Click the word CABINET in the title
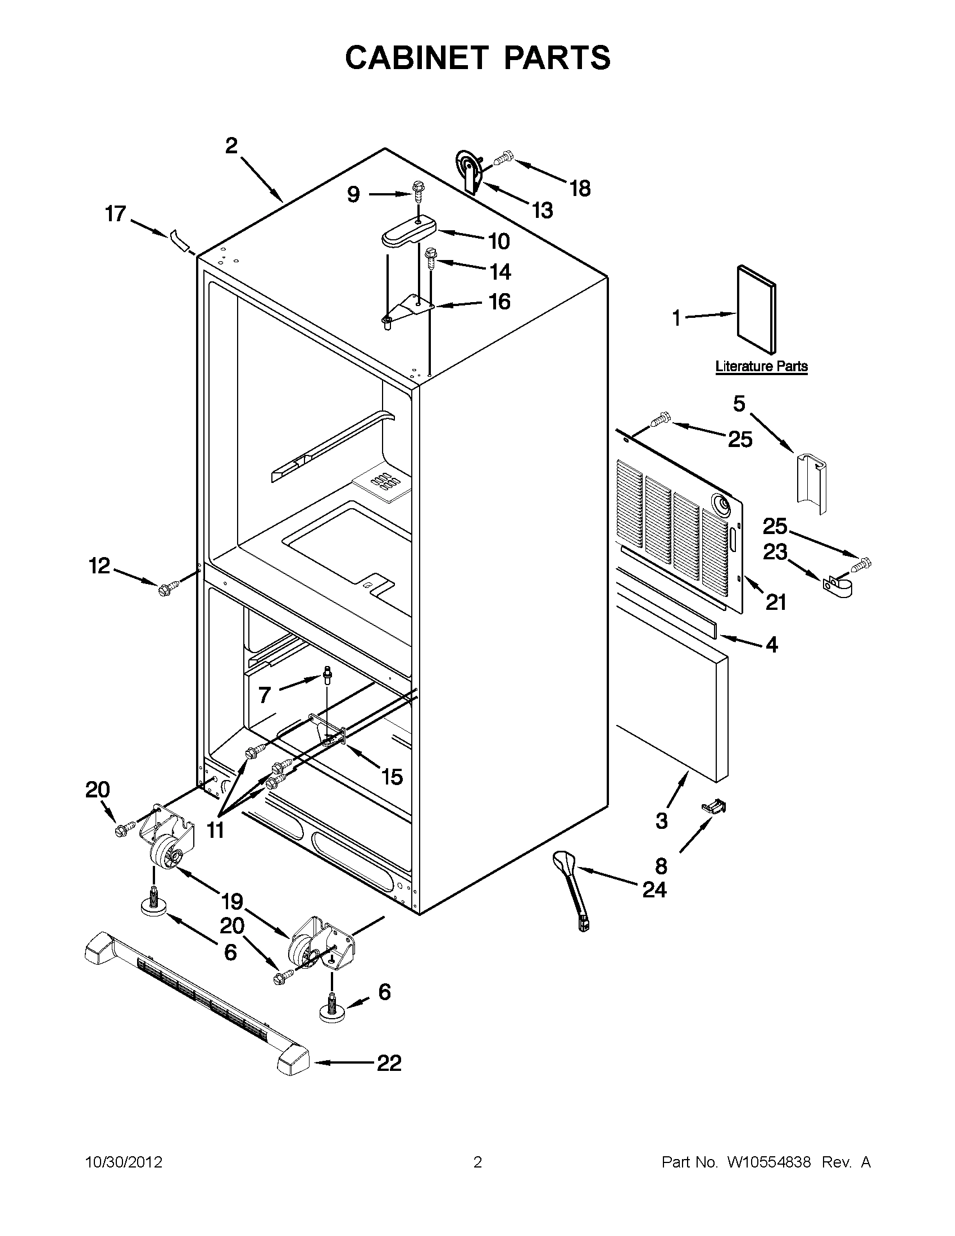(416, 57)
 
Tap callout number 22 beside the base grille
(389, 1062)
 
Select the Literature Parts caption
(761, 366)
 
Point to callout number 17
(116, 214)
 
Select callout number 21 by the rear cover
(776, 603)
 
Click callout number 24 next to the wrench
(654, 890)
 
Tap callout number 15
(392, 777)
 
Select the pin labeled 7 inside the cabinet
(327, 674)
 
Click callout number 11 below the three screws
(215, 830)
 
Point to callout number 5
(739, 404)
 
